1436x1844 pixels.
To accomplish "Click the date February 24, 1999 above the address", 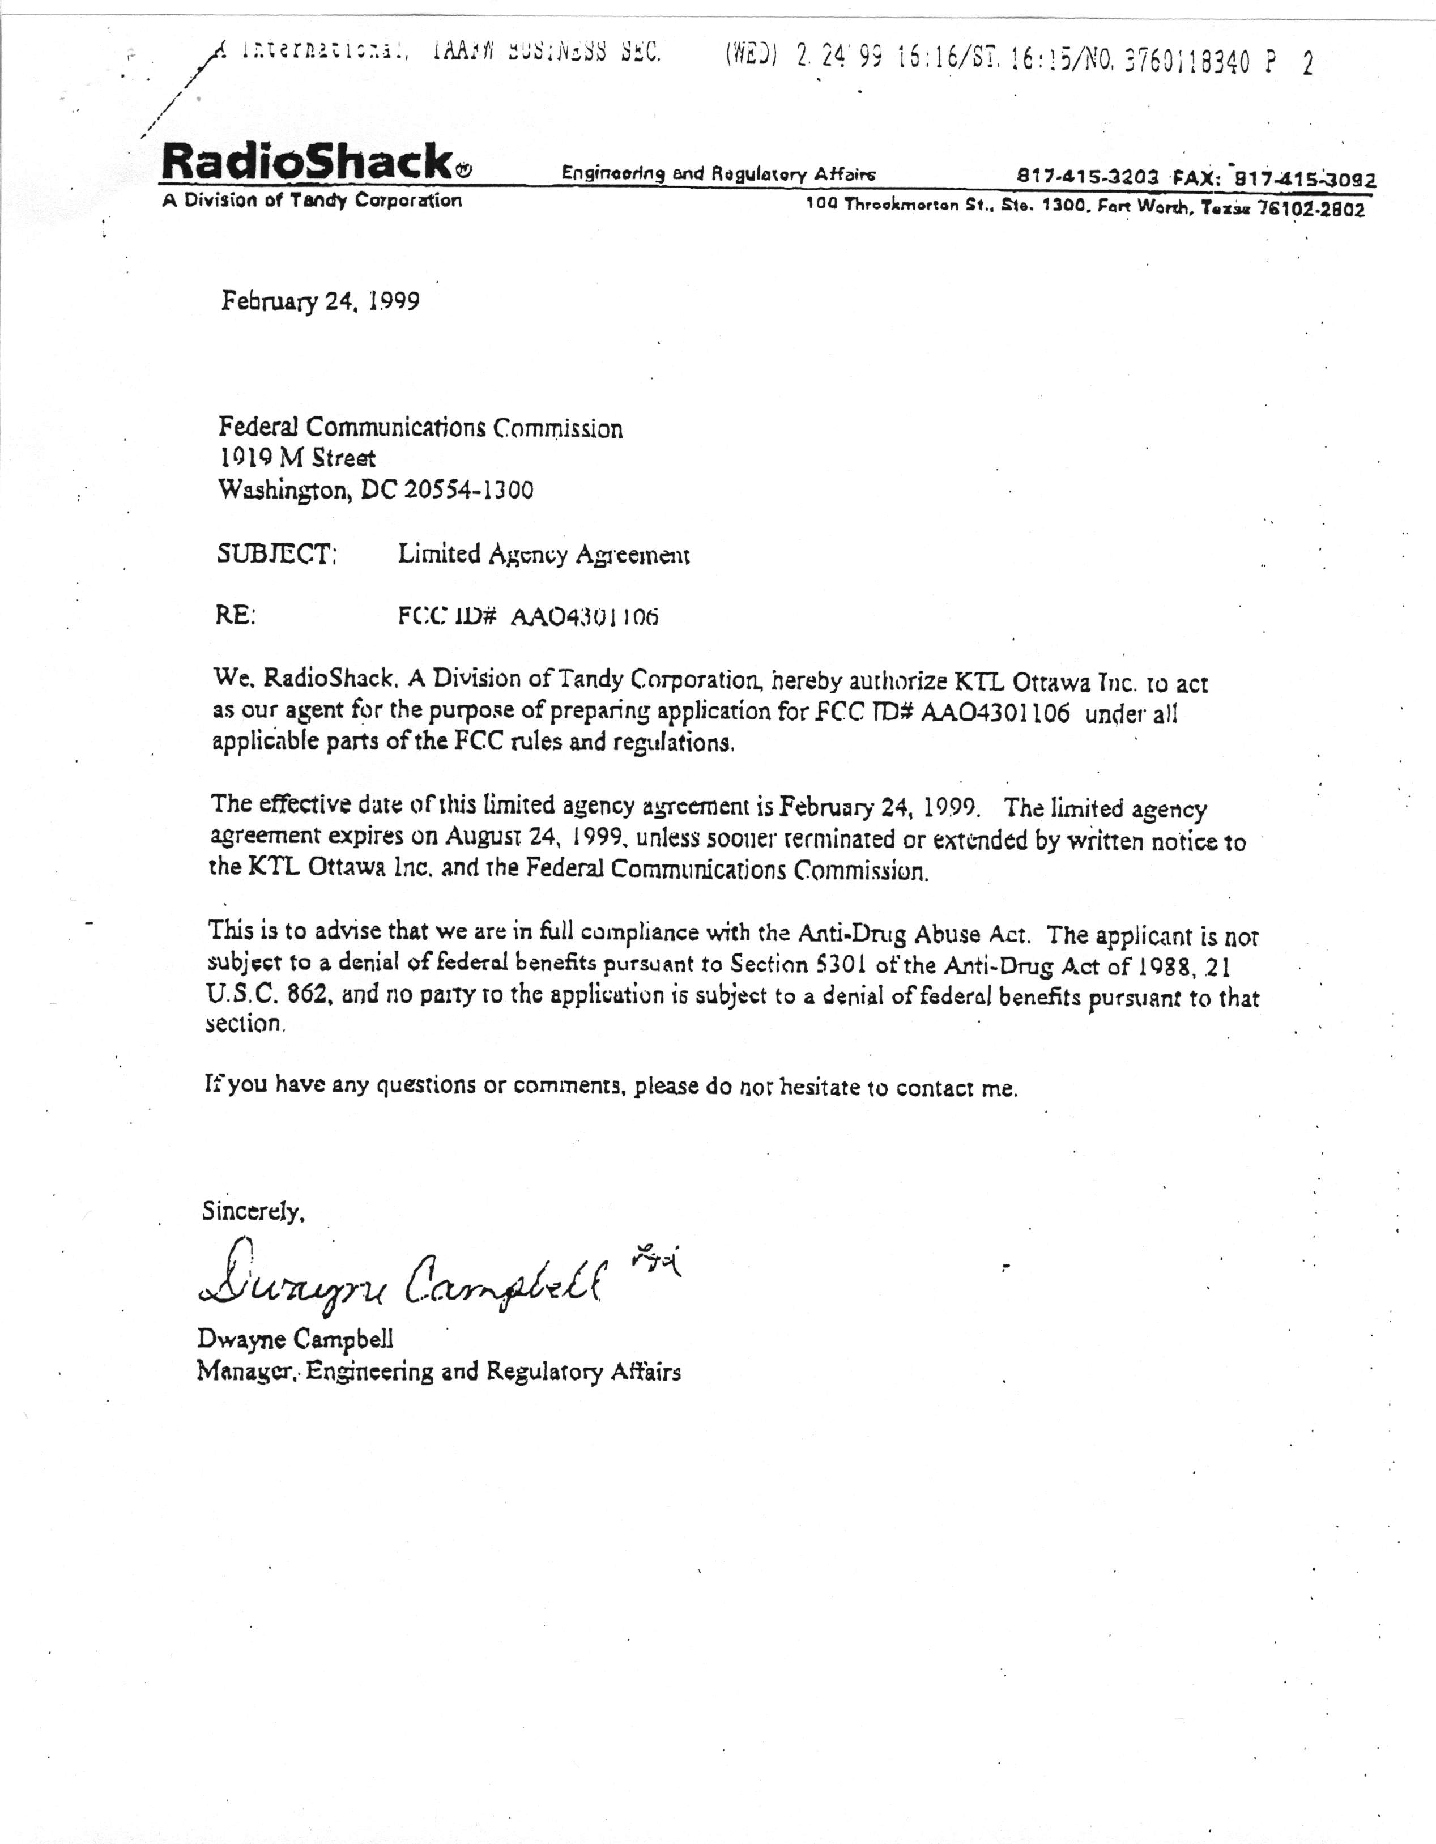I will click(320, 301).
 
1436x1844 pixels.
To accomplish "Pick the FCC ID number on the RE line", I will click(584, 616).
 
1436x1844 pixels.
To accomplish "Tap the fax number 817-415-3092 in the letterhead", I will click(1305, 179).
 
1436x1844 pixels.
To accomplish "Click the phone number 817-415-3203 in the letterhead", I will click(1089, 177).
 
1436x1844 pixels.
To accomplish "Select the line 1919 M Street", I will click(296, 458).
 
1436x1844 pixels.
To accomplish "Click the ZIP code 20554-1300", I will click(468, 489).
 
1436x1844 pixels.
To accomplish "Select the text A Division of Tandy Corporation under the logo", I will click(312, 201).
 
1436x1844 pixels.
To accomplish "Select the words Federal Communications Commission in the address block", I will click(420, 428).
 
